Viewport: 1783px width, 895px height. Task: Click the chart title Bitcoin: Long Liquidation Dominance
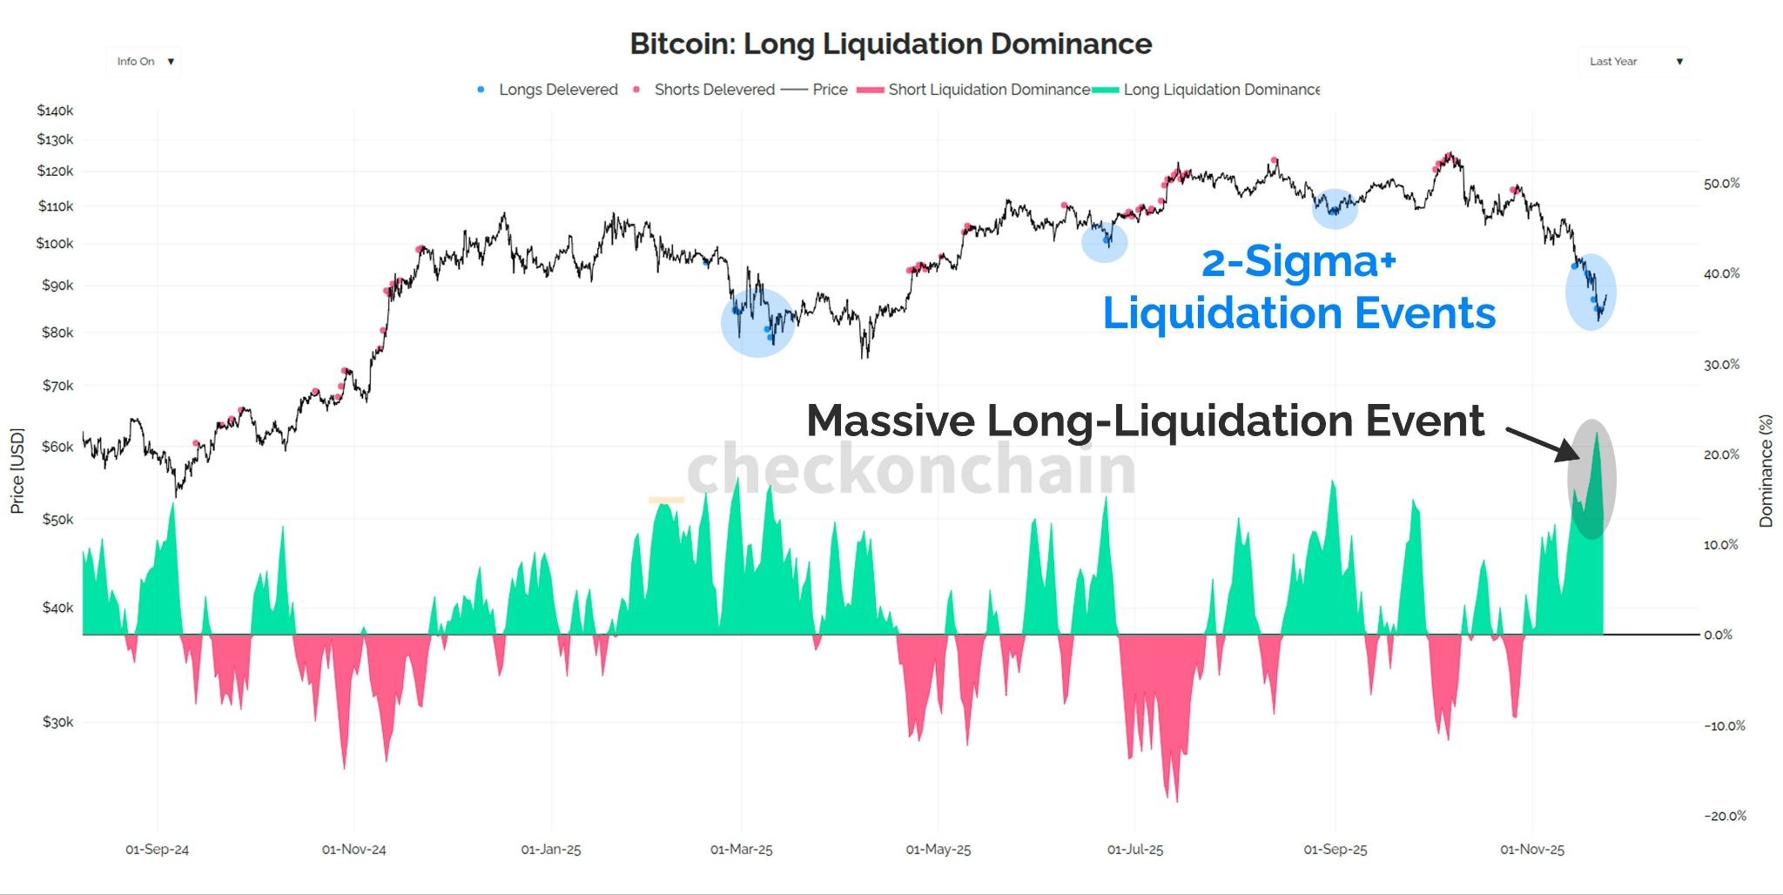coord(891,44)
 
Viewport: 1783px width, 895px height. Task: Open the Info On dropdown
coord(144,62)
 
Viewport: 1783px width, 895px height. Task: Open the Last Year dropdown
coord(1633,62)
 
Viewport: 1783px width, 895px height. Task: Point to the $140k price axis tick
coord(55,111)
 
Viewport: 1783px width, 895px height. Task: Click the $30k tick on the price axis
coord(57,722)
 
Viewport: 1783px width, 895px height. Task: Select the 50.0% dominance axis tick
coord(1721,184)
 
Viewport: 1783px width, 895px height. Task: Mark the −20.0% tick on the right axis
coord(1725,816)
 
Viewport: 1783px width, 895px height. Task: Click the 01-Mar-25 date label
coord(741,850)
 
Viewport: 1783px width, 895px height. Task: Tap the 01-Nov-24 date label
coord(353,850)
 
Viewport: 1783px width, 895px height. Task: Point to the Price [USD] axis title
coord(17,470)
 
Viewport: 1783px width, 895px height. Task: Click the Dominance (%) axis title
coord(1766,470)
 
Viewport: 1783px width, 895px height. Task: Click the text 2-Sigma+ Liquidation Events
coord(1299,287)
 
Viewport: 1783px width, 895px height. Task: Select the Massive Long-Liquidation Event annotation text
coord(1145,421)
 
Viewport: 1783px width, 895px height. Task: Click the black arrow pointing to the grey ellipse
coord(1541,443)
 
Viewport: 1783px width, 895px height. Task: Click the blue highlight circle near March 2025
coord(757,322)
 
